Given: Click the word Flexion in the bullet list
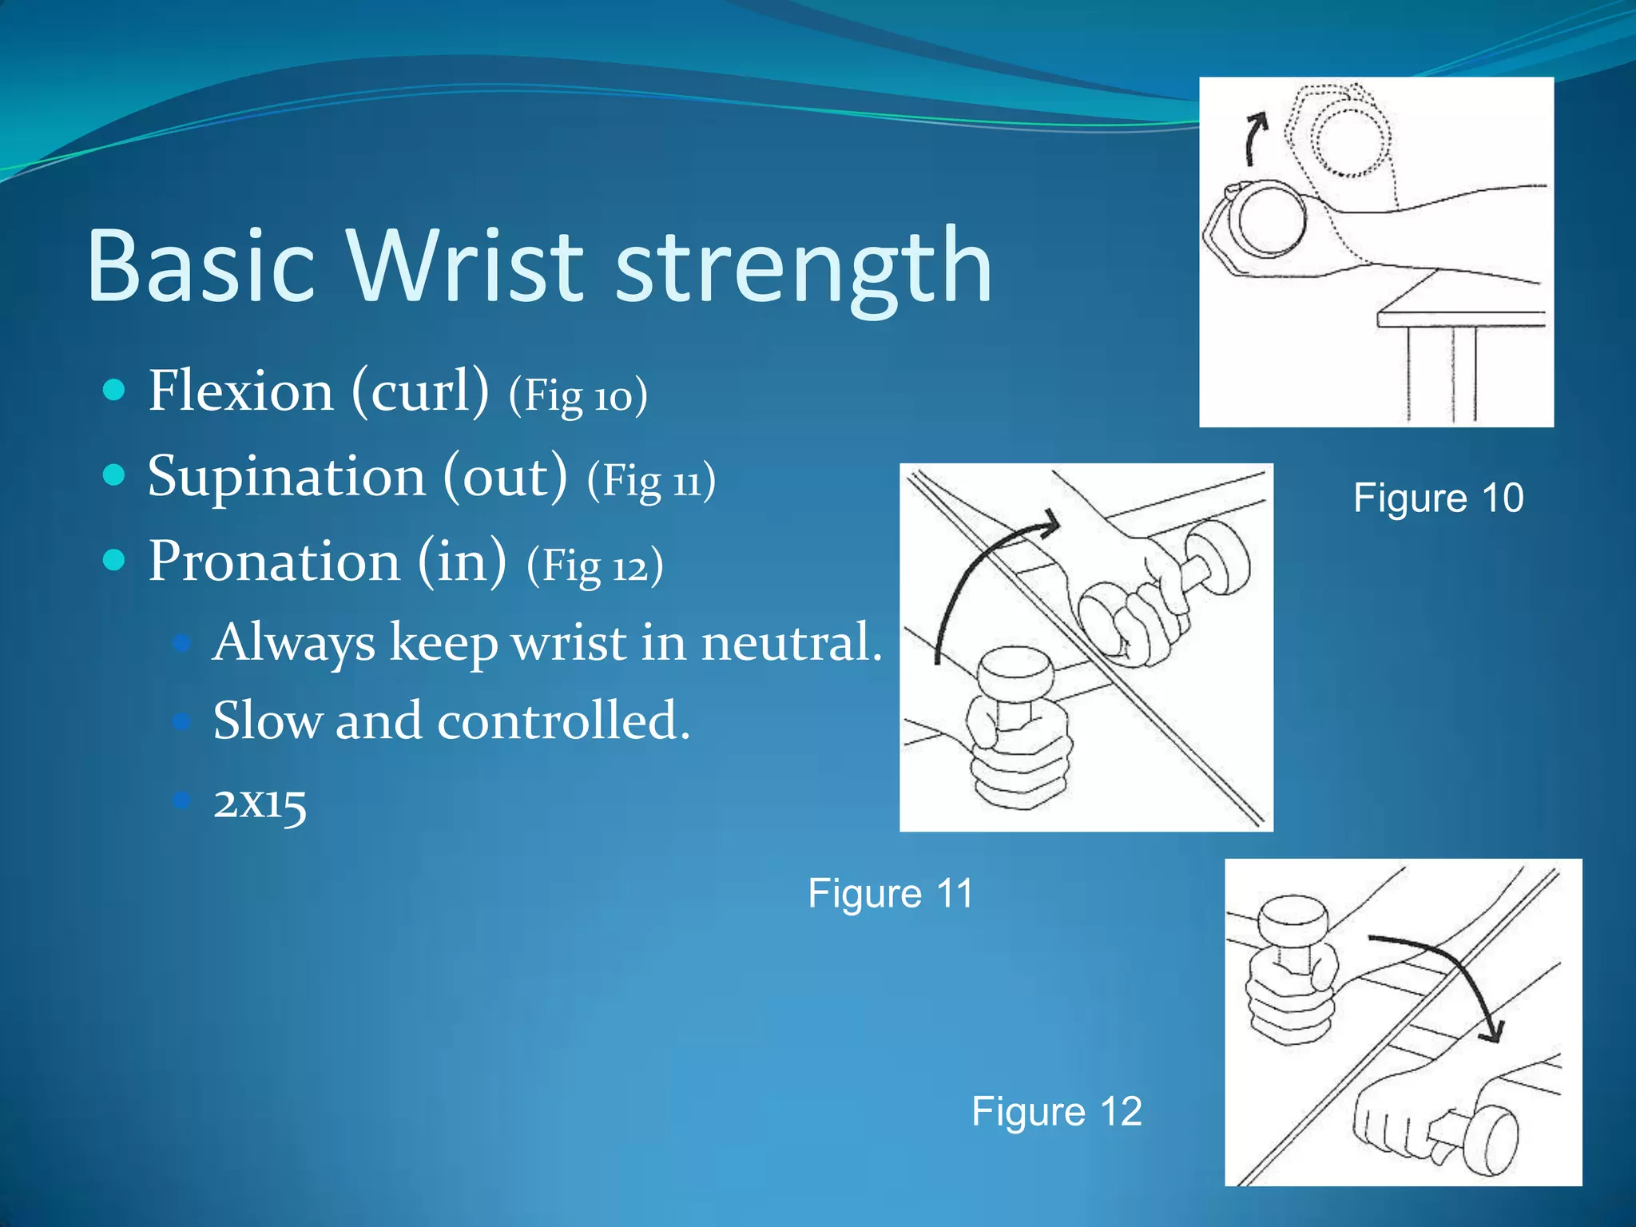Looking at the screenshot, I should tap(240, 391).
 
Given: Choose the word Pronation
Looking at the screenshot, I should tap(274, 561).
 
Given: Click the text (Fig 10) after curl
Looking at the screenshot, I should tap(578, 395).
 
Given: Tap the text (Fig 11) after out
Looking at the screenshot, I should tap(651, 481).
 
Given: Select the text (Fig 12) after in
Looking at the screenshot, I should tap(594, 566).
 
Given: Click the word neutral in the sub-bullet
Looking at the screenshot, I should tap(791, 641).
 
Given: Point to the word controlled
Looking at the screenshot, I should tap(563, 721).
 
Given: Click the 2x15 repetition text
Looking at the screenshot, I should tap(260, 802).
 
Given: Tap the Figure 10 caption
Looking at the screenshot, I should tap(1439, 498).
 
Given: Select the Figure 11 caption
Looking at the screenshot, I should tap(891, 893).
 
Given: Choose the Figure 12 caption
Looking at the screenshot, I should tap(1057, 1111).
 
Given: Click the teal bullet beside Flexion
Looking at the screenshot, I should tap(115, 391).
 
